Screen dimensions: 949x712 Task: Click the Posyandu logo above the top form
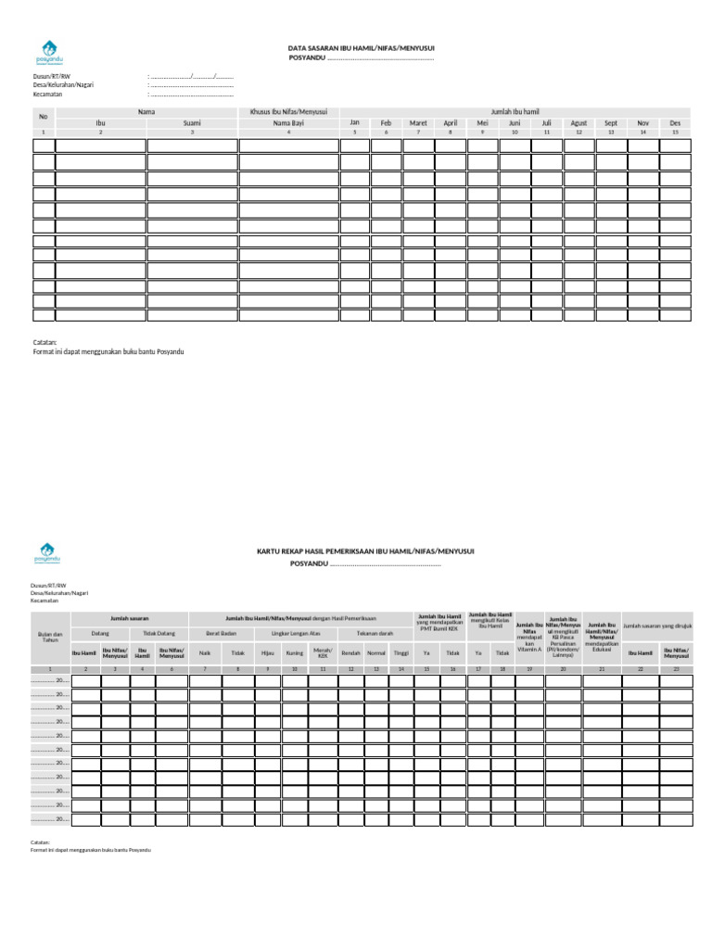coord(47,51)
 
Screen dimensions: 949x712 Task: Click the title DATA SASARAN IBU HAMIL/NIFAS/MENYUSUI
coord(362,47)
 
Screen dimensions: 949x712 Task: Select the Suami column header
coord(192,122)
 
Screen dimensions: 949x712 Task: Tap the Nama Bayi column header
coord(288,122)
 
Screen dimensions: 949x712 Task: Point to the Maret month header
coord(418,122)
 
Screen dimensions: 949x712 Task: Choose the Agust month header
coord(578,122)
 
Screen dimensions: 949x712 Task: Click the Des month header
coord(675,122)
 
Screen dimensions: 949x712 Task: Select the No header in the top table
coord(43,117)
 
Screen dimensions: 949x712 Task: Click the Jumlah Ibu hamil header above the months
coord(515,111)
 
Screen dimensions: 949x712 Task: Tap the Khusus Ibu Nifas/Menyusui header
coord(288,111)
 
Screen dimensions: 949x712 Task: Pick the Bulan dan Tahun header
coord(52,637)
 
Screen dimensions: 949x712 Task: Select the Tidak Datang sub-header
coord(159,633)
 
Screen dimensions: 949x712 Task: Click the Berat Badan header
coord(221,633)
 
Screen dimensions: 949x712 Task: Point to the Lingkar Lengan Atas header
coord(295,633)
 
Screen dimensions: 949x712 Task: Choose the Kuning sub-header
coord(294,653)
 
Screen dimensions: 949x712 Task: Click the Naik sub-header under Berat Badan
coord(205,653)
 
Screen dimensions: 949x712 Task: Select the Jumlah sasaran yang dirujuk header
coord(657,626)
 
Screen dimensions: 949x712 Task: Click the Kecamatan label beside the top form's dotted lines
coord(47,94)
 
